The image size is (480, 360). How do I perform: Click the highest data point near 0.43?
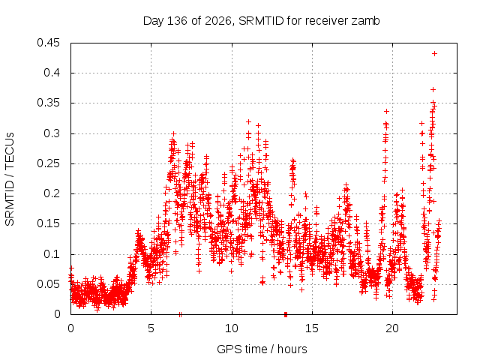(x=434, y=53)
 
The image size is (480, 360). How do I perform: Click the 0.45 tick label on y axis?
(x=48, y=43)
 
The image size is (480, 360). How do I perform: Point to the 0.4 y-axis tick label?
(x=52, y=73)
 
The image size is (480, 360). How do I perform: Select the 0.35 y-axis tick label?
(x=48, y=103)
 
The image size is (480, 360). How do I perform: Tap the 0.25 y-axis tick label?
(x=48, y=163)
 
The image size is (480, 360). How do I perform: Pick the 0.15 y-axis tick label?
(x=48, y=223)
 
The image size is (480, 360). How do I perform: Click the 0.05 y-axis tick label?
(x=48, y=284)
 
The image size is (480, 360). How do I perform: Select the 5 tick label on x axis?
(x=151, y=328)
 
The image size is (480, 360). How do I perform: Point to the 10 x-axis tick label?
(x=232, y=328)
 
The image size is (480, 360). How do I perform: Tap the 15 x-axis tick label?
(x=312, y=328)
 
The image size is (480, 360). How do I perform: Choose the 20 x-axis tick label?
(x=392, y=328)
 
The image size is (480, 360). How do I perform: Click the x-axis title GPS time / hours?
(x=262, y=349)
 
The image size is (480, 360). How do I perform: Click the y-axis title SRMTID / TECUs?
(x=10, y=179)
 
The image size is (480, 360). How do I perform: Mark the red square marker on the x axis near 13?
(x=286, y=314)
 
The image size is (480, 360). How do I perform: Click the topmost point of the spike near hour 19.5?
(x=386, y=112)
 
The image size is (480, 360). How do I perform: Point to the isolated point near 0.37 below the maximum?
(x=433, y=90)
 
